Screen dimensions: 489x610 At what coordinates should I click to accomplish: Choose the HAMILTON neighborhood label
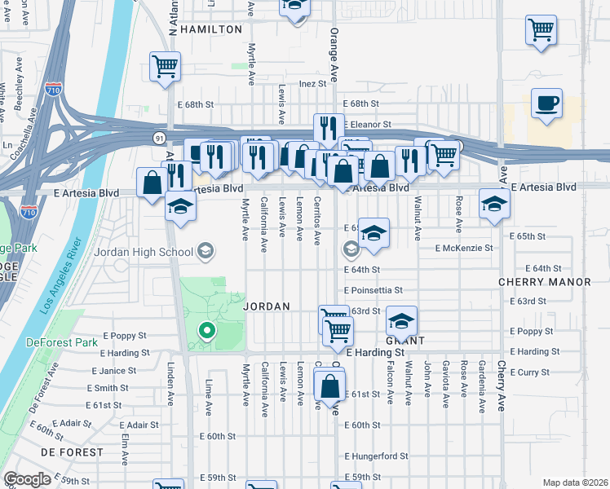coord(211,29)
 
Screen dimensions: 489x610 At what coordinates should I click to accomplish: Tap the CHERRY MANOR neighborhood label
coord(545,282)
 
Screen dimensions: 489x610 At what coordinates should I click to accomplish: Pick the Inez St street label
coord(312,83)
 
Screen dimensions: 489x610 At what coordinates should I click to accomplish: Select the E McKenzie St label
coord(465,248)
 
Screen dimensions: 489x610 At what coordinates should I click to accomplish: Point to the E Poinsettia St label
coord(374,290)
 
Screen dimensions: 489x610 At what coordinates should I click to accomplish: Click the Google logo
coord(27,479)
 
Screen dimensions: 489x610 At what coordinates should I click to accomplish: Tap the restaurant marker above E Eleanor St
coord(328,127)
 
